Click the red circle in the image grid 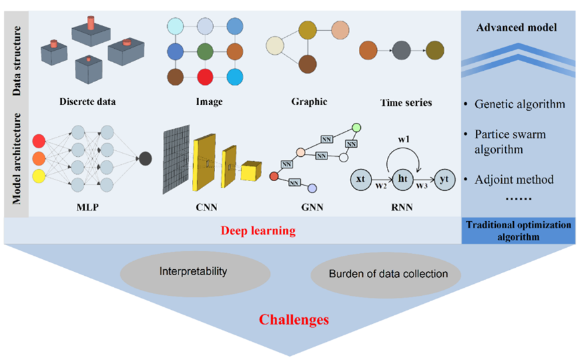[205, 77]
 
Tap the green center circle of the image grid [205, 51]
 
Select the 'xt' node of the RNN [361, 180]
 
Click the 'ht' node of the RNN [403, 180]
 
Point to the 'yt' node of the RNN [444, 180]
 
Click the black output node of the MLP [145, 159]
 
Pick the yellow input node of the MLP [39, 176]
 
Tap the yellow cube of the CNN [251, 170]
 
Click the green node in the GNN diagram [356, 128]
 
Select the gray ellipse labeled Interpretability [195, 274]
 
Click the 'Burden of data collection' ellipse [386, 275]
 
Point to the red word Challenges [294, 319]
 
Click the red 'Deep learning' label [258, 230]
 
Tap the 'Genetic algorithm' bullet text [520, 104]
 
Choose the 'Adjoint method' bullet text [514, 180]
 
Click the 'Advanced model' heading [517, 27]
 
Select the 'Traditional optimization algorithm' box [519, 230]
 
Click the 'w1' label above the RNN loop [404, 140]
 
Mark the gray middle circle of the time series [402, 50]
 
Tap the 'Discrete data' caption [88, 102]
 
